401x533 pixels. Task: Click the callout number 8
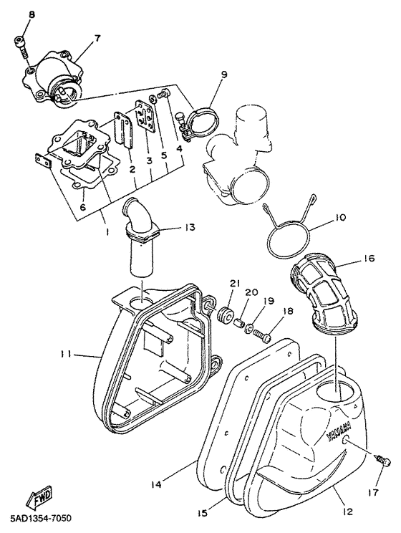coord(32,15)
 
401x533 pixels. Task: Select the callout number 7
coord(97,39)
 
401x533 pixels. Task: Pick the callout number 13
coord(190,227)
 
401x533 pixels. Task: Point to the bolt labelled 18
coord(264,334)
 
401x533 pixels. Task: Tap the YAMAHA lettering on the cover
coord(339,432)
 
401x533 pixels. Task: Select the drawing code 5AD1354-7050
coord(36,519)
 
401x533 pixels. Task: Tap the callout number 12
coord(347,512)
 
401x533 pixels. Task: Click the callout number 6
coord(83,206)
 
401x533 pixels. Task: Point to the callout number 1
coord(107,231)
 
